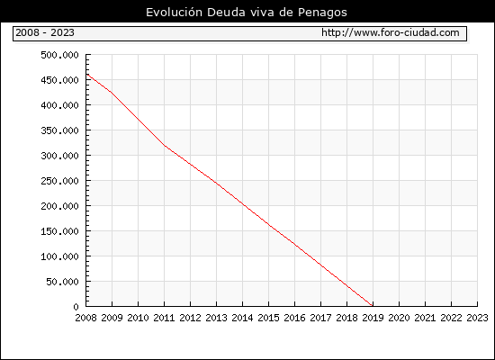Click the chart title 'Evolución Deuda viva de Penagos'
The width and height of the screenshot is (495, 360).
point(247,13)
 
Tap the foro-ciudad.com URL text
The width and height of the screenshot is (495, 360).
point(391,32)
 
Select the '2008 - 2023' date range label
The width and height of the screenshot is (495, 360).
point(45,32)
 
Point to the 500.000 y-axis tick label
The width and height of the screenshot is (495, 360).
point(59,55)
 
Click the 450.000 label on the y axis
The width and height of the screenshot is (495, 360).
point(59,80)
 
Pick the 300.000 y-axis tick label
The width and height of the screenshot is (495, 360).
point(59,156)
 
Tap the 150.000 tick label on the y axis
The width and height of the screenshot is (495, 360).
point(59,231)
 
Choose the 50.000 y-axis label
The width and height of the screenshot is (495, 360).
point(62,282)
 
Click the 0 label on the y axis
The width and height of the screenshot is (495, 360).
point(76,307)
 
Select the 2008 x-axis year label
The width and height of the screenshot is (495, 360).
point(85,318)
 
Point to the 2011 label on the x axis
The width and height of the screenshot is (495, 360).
point(164,318)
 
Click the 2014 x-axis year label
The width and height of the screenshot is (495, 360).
point(242,318)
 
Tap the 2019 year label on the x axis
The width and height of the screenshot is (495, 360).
point(373,318)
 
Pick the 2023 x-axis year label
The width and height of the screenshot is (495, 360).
point(477,318)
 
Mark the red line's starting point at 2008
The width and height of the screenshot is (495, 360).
point(86,74)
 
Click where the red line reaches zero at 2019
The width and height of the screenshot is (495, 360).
point(373,306)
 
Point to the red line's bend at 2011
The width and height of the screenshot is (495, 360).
point(164,145)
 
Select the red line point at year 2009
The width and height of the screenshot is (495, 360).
point(112,93)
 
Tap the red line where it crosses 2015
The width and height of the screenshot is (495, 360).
point(269,224)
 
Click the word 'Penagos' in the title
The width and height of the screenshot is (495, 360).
point(322,13)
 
